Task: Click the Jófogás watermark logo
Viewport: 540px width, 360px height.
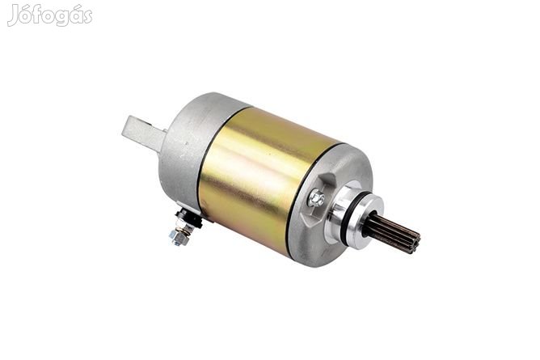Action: (50, 15)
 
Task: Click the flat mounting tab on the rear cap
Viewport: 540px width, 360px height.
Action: (143, 133)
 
